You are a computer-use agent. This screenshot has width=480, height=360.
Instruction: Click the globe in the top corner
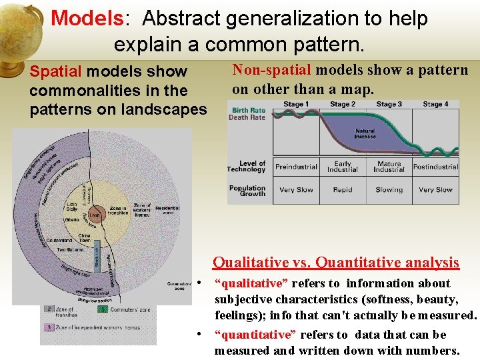coord(20,27)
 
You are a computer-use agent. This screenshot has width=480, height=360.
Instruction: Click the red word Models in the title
coord(87,18)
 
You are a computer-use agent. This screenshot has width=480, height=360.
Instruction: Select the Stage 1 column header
coord(296,104)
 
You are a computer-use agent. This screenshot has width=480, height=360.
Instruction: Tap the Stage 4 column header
coord(435,104)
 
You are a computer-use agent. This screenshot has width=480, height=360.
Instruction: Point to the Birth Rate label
coord(248,110)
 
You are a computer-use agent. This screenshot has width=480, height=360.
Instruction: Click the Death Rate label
coord(247,117)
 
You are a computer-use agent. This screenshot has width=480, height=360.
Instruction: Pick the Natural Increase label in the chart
coord(365,133)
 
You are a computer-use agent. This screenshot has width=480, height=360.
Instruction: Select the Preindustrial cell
coord(296,167)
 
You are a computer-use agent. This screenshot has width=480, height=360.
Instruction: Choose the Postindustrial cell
coord(435,167)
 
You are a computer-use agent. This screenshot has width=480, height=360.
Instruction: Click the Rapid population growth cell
coord(343,190)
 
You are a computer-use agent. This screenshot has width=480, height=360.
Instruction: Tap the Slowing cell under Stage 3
coord(389,190)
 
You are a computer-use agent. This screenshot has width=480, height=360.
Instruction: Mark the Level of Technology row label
coord(247,166)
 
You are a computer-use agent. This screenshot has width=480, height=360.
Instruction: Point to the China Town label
coord(85,238)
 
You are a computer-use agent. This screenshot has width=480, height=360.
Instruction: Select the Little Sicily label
coord(72,207)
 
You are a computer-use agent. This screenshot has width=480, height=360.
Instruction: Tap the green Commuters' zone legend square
coord(102,309)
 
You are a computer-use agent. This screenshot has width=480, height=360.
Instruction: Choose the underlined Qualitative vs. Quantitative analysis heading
coord(335,263)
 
